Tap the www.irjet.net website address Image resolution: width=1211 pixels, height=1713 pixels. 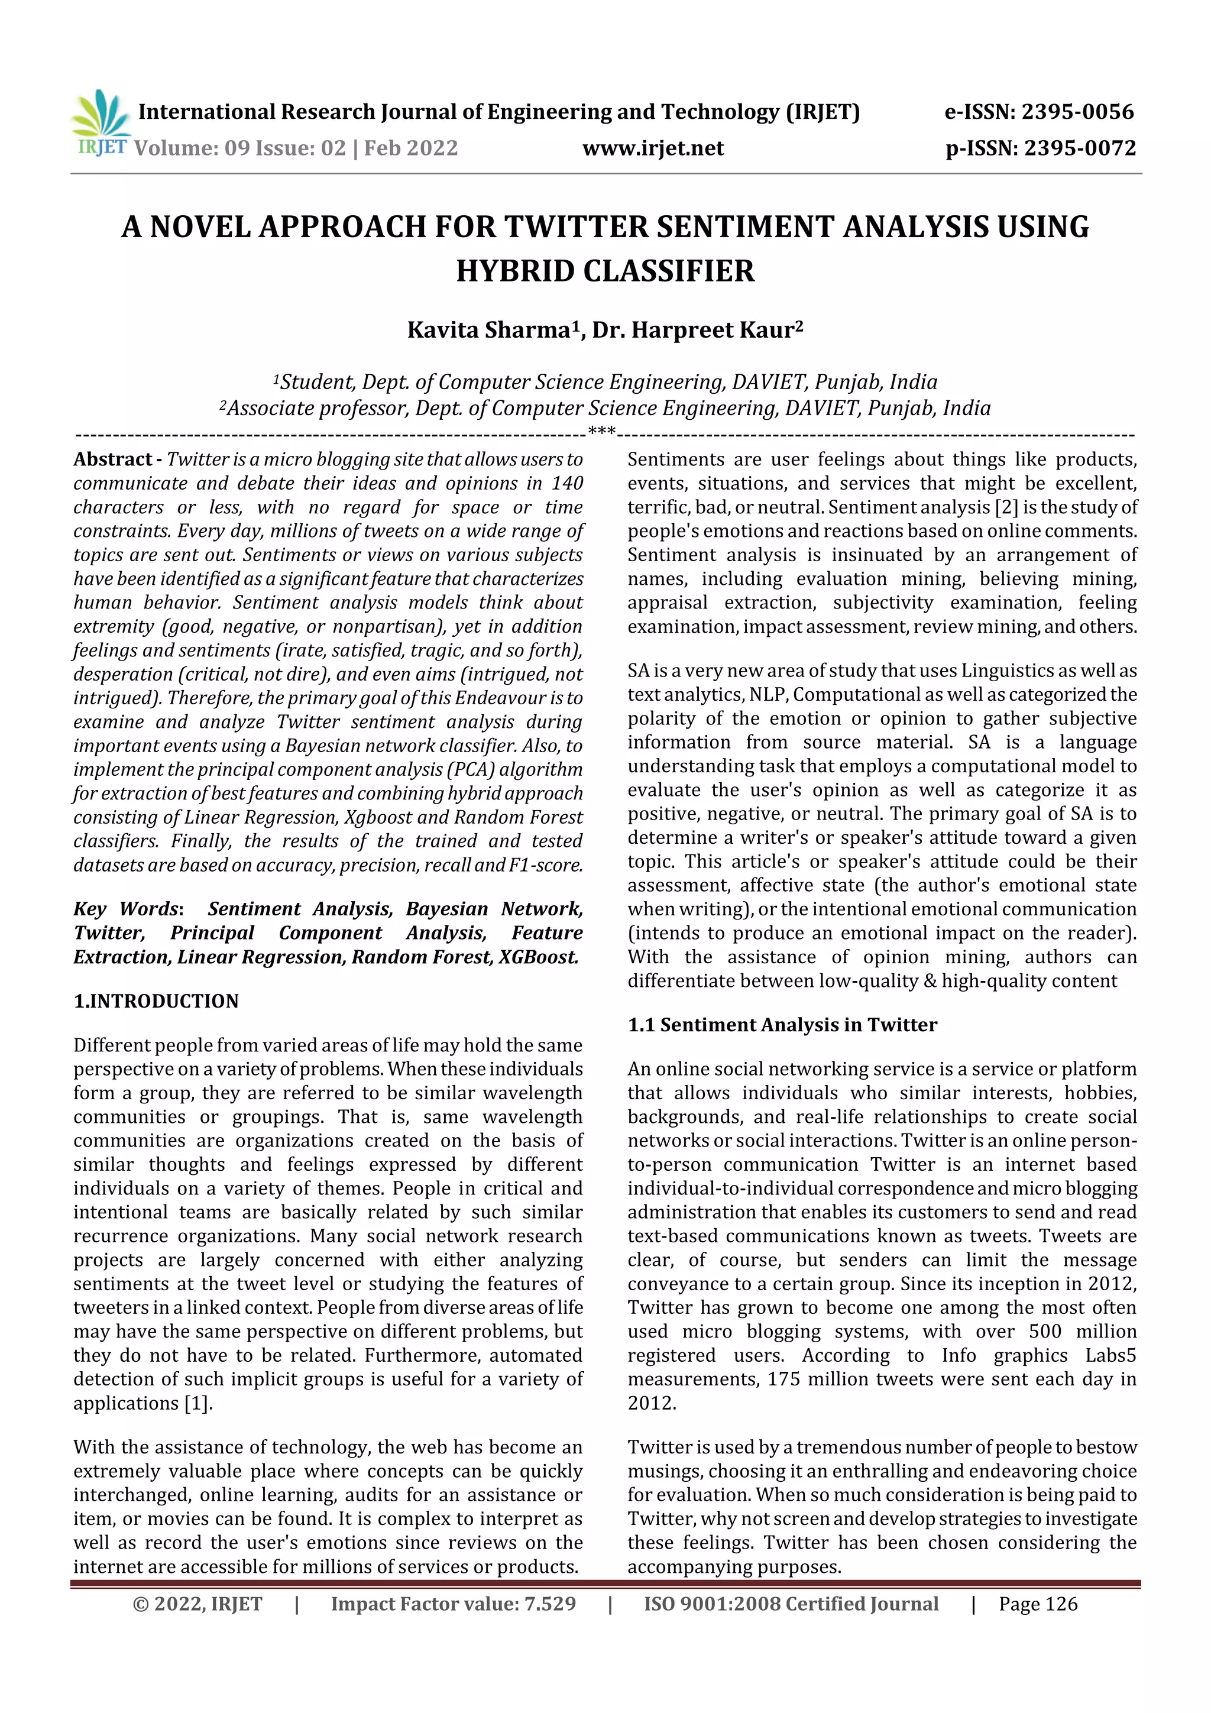(x=653, y=148)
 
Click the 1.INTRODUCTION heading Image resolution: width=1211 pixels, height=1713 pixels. (x=156, y=1001)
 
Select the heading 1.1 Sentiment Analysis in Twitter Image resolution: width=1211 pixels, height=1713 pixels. (x=782, y=1025)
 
